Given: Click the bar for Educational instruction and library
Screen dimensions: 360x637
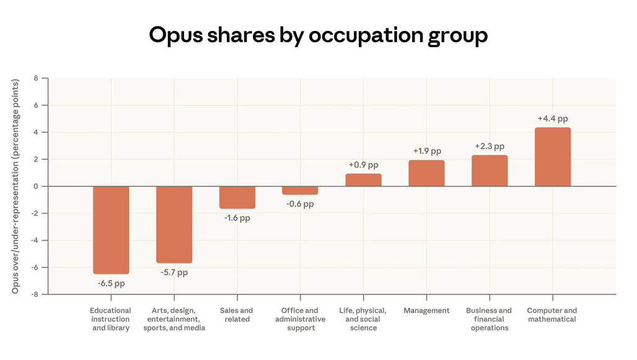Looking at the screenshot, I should point(111,230).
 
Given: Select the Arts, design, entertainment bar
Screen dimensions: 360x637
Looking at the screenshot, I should point(174,224).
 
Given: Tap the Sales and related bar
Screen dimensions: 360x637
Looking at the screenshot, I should point(237,197).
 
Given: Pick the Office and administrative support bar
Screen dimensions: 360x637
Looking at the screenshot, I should point(300,190).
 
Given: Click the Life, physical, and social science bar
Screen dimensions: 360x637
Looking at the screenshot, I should point(363,180).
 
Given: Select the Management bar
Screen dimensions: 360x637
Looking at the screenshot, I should point(426,173).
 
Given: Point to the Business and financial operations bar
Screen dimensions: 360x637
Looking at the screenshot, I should point(490,170).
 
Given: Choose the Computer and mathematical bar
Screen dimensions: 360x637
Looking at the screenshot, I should point(553,157).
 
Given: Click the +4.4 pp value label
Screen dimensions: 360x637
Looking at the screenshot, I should point(553,119).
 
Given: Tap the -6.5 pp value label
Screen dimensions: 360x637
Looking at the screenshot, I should point(111,283).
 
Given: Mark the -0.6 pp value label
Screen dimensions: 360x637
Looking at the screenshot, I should point(300,204).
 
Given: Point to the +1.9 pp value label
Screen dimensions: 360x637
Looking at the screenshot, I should point(427,151).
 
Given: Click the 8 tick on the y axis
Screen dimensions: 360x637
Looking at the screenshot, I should point(36,79).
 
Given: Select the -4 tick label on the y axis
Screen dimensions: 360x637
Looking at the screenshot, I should point(35,240).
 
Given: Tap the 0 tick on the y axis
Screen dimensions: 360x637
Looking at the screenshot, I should point(36,187).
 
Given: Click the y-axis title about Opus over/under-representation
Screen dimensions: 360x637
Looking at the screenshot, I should point(15,186).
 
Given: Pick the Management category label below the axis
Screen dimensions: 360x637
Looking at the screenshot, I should point(426,310).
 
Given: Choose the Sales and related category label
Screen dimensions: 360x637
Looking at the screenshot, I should point(237,315).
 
